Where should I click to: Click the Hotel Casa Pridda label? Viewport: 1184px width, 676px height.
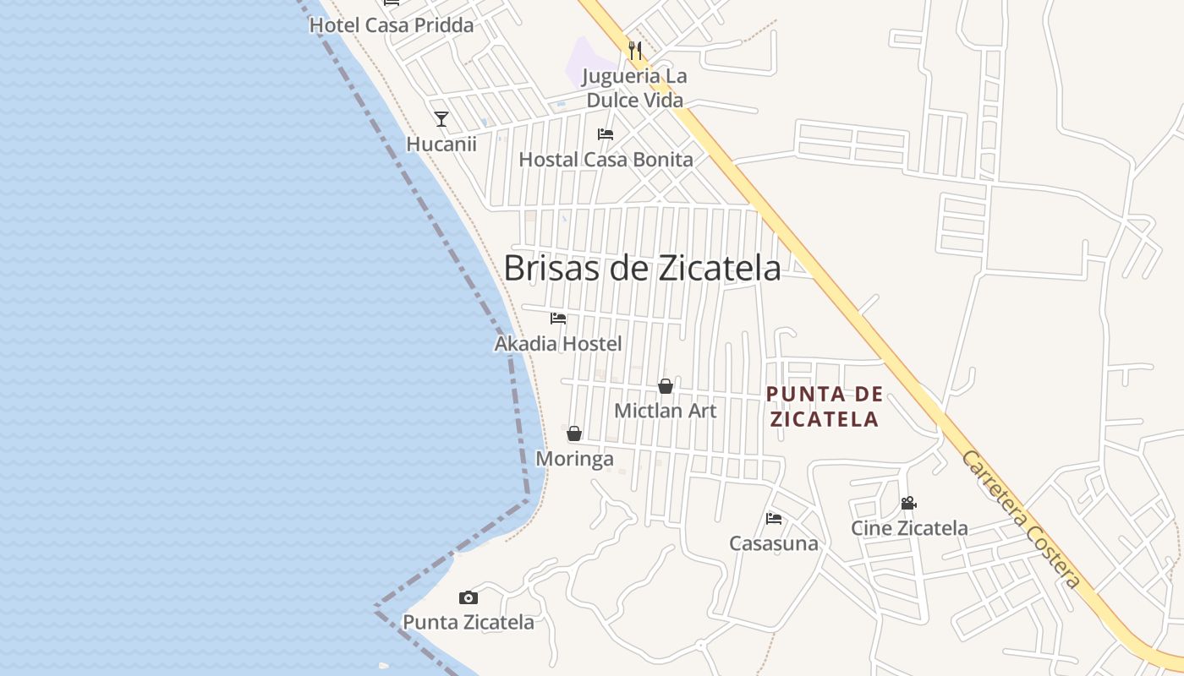(x=392, y=25)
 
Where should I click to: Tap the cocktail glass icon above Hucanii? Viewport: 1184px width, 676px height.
(x=441, y=119)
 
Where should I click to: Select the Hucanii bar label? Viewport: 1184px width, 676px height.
(x=441, y=144)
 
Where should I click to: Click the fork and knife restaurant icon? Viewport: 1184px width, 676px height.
(x=635, y=50)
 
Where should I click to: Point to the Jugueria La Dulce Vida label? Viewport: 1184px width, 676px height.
(x=636, y=88)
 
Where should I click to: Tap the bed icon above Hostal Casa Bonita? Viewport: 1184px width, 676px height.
(x=606, y=134)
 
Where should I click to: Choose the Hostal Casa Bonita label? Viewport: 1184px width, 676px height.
(x=606, y=159)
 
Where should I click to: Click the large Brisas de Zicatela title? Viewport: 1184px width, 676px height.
(x=642, y=268)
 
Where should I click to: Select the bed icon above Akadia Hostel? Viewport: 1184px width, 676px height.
(x=558, y=319)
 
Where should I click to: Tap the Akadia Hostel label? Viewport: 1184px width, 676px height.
(x=558, y=343)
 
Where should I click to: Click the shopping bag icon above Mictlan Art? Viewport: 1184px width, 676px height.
(x=666, y=386)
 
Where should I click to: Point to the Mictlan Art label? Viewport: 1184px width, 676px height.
(x=666, y=411)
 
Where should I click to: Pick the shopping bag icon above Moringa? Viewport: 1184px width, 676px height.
(x=574, y=433)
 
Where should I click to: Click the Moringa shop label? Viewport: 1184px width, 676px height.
(x=575, y=459)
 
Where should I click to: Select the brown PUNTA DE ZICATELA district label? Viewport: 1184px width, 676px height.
(x=825, y=406)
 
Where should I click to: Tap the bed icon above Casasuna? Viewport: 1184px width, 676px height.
(x=774, y=519)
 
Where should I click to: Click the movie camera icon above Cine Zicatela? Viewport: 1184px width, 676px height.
(x=909, y=504)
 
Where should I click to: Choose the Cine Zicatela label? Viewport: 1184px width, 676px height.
(x=909, y=528)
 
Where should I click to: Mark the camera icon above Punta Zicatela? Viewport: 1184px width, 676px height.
(x=469, y=598)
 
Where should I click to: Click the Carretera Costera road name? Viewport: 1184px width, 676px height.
(x=1022, y=519)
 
